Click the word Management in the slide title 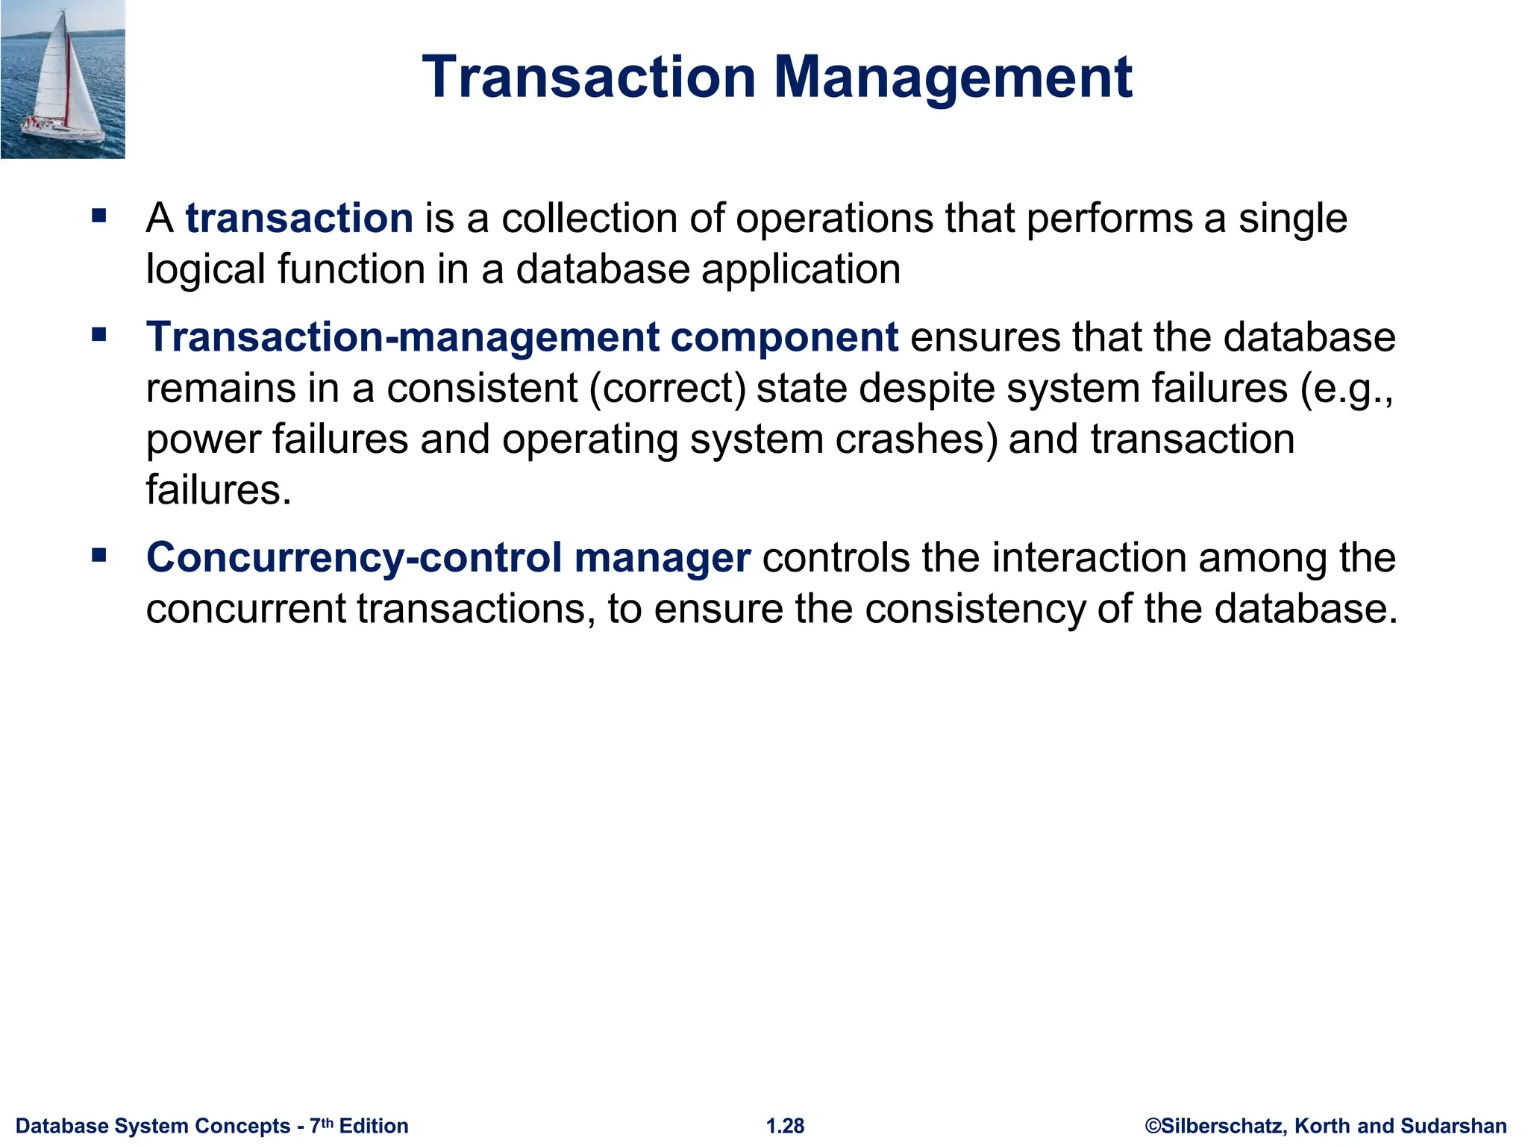[x=953, y=78]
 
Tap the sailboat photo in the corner [x=63, y=79]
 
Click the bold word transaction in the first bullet [x=299, y=218]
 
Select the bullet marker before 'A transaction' [x=99, y=217]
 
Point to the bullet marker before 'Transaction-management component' [x=99, y=335]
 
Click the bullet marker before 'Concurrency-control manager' [x=99, y=555]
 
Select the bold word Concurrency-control [x=354, y=558]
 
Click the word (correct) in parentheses [x=668, y=389]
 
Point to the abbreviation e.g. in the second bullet [x=1347, y=389]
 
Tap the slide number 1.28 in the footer [x=786, y=1126]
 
